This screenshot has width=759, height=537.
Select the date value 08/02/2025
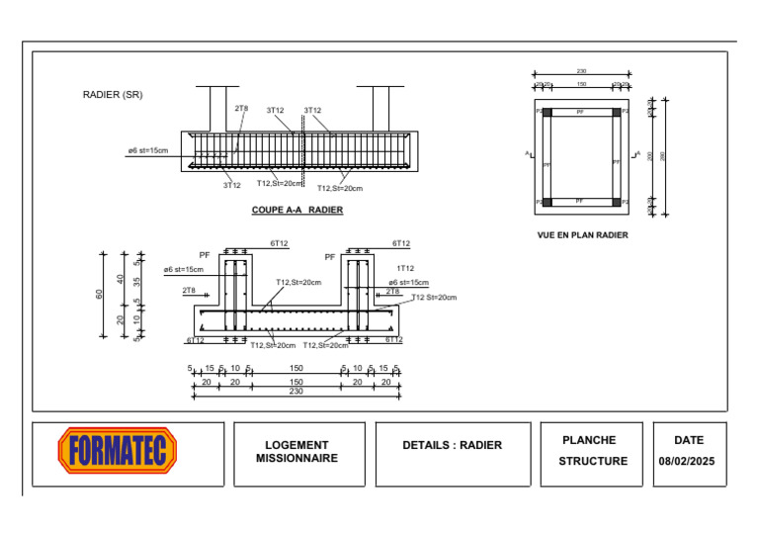pyautogui.click(x=687, y=461)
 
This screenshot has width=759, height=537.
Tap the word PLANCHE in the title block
pyautogui.click(x=589, y=440)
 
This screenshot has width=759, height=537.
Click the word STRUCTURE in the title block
pyautogui.click(x=593, y=461)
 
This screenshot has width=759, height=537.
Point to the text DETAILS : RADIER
pyautogui.click(x=452, y=445)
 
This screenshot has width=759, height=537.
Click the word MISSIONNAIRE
pyautogui.click(x=296, y=458)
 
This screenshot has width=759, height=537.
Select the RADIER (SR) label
pyautogui.click(x=113, y=95)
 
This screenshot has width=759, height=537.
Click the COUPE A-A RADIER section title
pyautogui.click(x=297, y=210)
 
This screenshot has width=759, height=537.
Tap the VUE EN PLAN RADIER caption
pyautogui.click(x=582, y=235)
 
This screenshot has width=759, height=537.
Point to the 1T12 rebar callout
pyautogui.click(x=405, y=268)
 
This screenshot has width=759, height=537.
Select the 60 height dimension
pyautogui.click(x=100, y=295)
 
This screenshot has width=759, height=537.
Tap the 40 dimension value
pyautogui.click(x=121, y=279)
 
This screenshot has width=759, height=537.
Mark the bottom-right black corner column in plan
pyautogui.click(x=616, y=203)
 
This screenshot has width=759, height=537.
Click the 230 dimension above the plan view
pyautogui.click(x=581, y=71)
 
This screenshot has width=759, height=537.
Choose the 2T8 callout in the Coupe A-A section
pyautogui.click(x=241, y=109)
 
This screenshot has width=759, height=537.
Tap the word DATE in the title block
pyautogui.click(x=689, y=440)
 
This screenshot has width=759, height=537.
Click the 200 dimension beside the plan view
pyautogui.click(x=649, y=156)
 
